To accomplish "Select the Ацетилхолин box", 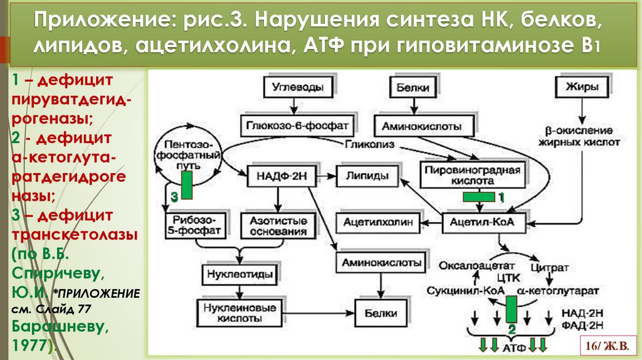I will click(379, 222).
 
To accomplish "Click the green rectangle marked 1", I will click(480, 197).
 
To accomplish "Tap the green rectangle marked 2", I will click(511, 310).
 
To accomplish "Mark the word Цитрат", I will click(549, 267).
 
